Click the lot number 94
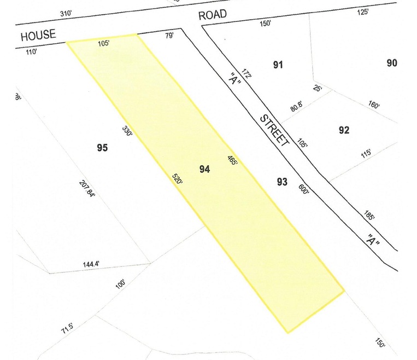point(204,170)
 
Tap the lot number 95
point(102,148)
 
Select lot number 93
point(282,182)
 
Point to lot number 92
point(344,130)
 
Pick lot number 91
point(278,65)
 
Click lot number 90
point(391,63)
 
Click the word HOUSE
point(38,36)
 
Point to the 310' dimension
point(66,15)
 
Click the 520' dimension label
point(177,179)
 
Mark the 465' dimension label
point(232,161)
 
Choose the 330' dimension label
point(127,132)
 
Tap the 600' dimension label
point(304,188)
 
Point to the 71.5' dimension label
point(67,329)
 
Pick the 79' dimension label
point(169,36)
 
